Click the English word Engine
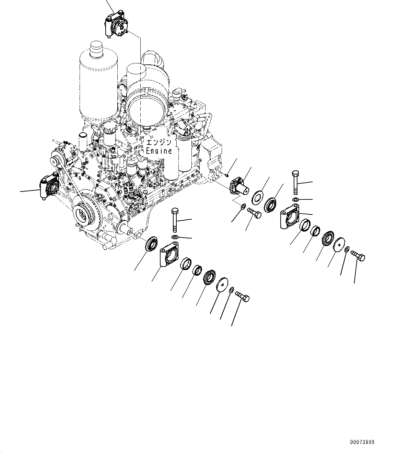tap(159, 151)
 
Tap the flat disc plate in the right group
tap(339, 244)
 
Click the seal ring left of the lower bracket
tap(151, 244)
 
